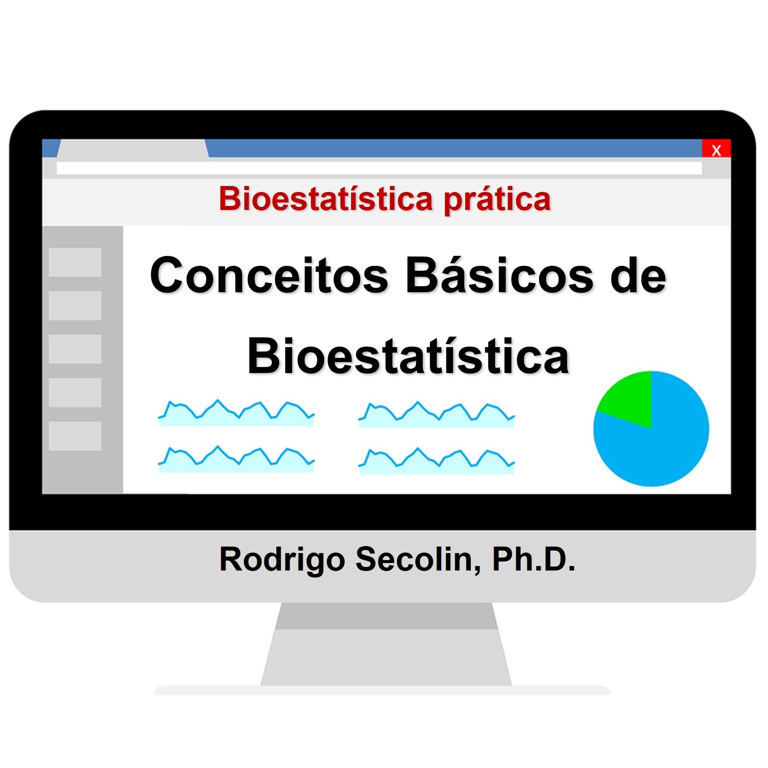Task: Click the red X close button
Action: [x=716, y=149]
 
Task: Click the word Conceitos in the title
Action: [x=269, y=276]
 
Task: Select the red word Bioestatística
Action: [x=325, y=199]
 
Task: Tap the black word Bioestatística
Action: [x=408, y=357]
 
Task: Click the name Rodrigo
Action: [x=282, y=560]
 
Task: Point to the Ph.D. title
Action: [x=534, y=560]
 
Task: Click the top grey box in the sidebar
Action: [x=75, y=262]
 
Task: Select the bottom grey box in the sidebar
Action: [x=75, y=436]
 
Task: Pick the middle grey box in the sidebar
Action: [x=75, y=349]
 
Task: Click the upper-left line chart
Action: [x=236, y=413]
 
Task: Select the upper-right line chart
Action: [x=436, y=414]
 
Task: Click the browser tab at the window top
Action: [x=132, y=149]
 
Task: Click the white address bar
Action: [x=379, y=168]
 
